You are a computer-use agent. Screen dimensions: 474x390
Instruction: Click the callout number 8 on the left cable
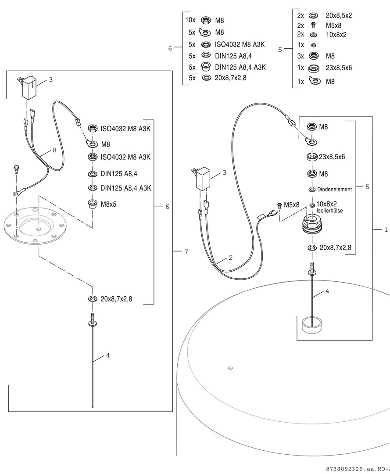pos(54,150)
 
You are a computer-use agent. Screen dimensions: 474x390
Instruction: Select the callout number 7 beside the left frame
pos(186,251)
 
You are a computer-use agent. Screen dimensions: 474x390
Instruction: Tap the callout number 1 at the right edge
pos(386,230)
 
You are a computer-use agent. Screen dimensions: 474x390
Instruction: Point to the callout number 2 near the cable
pos(230,258)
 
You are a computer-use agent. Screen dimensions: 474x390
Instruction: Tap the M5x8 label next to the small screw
pos(291,205)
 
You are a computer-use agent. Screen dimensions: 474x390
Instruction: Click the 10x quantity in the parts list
pos(190,20)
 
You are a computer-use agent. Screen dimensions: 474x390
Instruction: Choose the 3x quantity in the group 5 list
pos(301,56)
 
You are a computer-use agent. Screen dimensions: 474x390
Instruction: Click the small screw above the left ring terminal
pos(16,168)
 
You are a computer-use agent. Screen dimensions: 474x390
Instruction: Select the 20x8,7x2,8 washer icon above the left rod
pos(92,299)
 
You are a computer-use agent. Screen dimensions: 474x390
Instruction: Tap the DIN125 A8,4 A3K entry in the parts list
pos(240,67)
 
